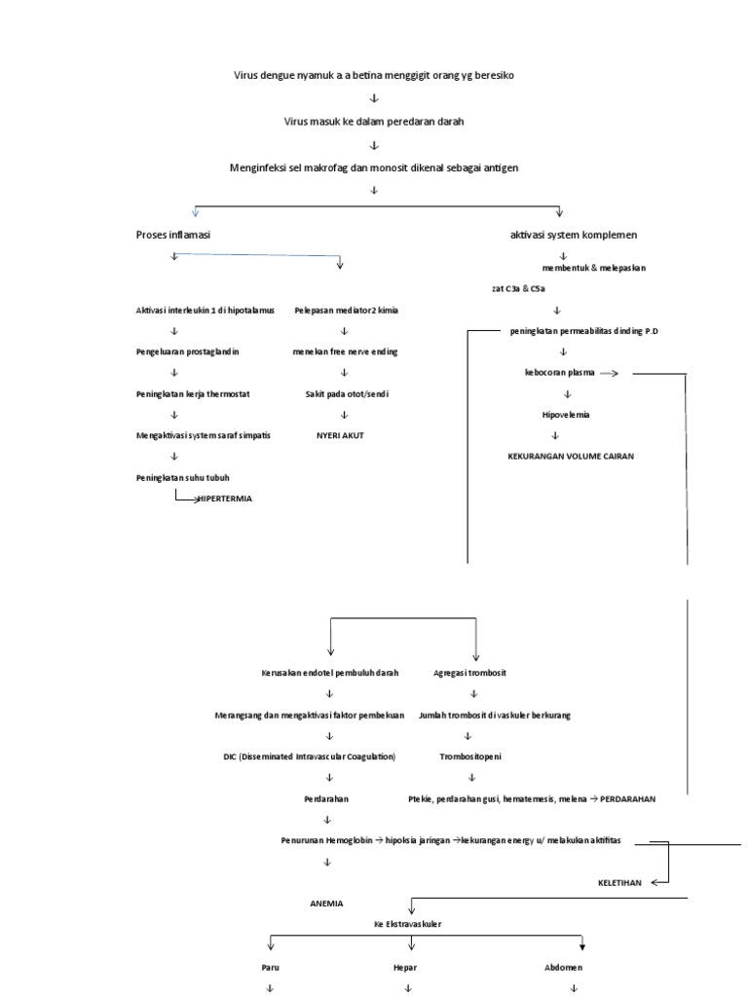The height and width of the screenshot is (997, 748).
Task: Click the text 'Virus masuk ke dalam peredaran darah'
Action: (x=373, y=122)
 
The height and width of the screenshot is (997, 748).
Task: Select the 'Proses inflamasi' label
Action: (x=173, y=236)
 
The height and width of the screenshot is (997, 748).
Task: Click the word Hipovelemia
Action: (x=566, y=414)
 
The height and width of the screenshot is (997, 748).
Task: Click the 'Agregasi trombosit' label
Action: (x=474, y=673)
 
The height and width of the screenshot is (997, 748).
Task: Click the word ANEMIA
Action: (x=326, y=903)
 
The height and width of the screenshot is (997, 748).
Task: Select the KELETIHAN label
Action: (x=619, y=882)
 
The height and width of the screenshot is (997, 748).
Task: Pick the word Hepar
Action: (x=407, y=968)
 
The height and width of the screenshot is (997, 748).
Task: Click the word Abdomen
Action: (x=565, y=968)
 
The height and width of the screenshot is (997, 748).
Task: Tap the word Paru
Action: (x=270, y=968)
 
